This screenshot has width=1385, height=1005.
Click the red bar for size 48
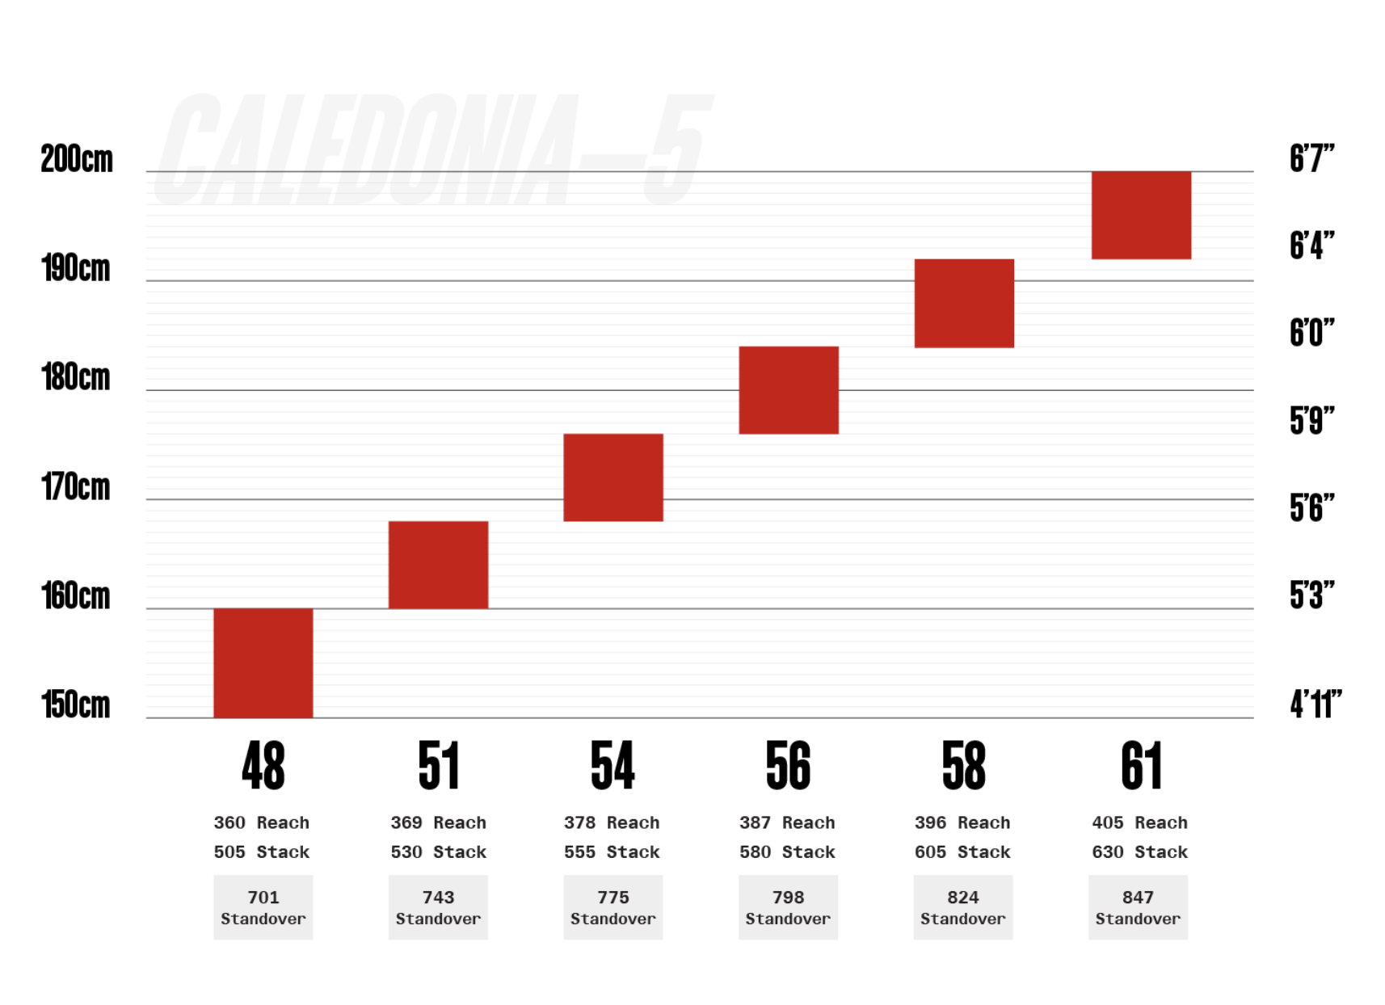click(263, 662)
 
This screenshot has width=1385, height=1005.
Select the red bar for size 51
click(438, 565)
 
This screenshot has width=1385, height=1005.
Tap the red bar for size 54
click(613, 477)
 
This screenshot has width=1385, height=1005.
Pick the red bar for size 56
click(789, 390)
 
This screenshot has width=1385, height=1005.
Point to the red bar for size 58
click(964, 303)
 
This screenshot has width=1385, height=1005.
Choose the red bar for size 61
click(1141, 215)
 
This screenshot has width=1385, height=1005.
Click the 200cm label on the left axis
click(77, 159)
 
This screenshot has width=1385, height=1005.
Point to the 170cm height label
click(76, 487)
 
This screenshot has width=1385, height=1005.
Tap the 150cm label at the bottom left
click(76, 705)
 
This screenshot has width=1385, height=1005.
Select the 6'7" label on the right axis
click(1311, 158)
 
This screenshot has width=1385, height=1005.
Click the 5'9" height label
click(1311, 421)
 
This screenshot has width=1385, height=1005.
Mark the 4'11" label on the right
click(1316, 704)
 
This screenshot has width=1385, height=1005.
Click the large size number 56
click(788, 766)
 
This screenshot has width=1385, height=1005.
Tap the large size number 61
click(1141, 766)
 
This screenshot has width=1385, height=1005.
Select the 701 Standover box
click(263, 907)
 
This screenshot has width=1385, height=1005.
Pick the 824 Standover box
click(962, 907)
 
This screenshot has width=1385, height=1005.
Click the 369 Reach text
click(438, 822)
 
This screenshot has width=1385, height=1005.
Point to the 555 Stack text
click(612, 852)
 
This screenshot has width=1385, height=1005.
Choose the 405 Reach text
click(1139, 822)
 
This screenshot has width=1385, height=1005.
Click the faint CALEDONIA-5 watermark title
click(432, 149)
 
